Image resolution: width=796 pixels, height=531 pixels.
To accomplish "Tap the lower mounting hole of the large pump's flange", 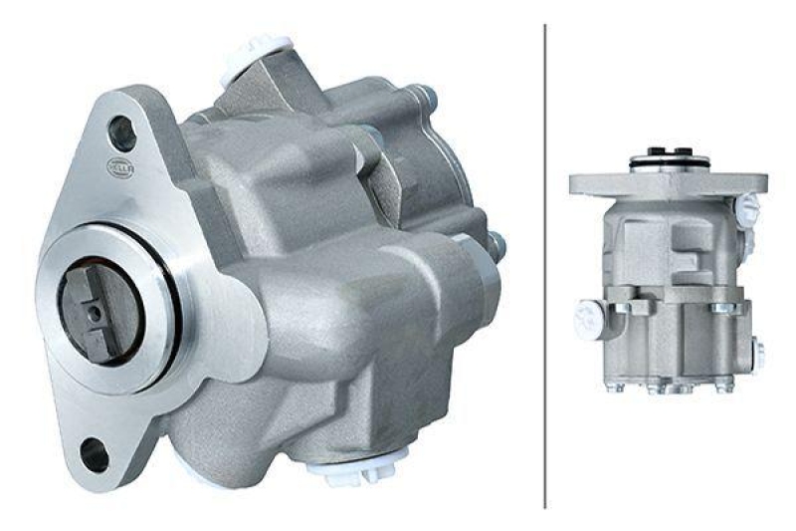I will click(x=95, y=454).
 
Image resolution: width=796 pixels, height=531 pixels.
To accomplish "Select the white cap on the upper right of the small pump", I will click(x=747, y=210).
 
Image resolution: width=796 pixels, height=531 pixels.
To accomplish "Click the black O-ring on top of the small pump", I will click(x=669, y=154).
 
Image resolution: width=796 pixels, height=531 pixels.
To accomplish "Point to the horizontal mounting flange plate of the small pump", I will click(x=668, y=183).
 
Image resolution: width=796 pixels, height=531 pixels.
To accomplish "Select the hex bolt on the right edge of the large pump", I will click(x=494, y=245).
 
